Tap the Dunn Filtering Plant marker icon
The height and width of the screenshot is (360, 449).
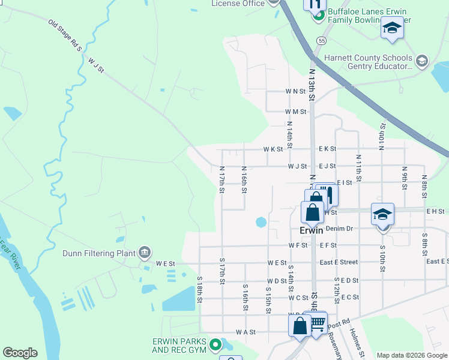144,253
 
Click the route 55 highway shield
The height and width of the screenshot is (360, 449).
322,41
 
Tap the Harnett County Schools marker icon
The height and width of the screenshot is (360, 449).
422,61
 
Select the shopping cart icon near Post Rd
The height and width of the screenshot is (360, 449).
318,325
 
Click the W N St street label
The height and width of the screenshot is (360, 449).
296,92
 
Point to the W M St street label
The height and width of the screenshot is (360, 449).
296,112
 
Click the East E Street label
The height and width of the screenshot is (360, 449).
339,262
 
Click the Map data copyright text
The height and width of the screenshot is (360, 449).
411,355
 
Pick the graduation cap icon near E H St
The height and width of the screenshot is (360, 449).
382,214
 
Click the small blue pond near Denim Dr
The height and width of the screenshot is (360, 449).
261,222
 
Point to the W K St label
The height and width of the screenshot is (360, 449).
273,149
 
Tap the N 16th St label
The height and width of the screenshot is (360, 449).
244,180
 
